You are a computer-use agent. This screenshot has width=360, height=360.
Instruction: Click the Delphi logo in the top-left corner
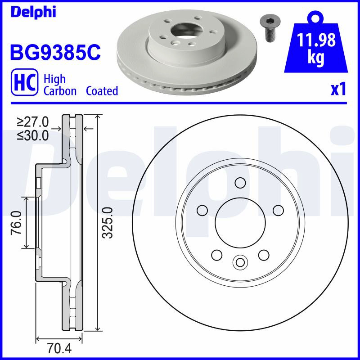[33, 13]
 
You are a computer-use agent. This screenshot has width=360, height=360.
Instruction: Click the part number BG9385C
[55, 52]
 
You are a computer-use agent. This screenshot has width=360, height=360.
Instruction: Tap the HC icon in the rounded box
[25, 82]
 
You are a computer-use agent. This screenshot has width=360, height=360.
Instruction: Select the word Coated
[102, 91]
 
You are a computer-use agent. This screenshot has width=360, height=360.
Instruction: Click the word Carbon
[60, 91]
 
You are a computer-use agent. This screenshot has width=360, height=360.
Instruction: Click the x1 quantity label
[338, 90]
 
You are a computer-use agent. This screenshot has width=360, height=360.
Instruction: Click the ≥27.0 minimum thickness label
[32, 122]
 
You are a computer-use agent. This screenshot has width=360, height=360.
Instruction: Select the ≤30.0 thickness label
[32, 136]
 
